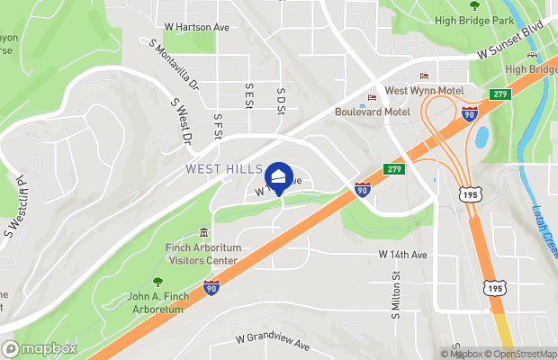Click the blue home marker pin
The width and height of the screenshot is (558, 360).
tap(279, 177)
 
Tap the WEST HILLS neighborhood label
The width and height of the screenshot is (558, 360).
tap(224, 168)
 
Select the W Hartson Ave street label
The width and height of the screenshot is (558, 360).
tap(197, 27)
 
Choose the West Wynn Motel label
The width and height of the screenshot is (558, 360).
tap(424, 90)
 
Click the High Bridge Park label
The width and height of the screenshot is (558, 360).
tap(473, 20)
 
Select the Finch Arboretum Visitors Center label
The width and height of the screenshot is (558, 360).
tap(202, 254)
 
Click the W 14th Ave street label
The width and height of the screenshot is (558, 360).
tap(400, 255)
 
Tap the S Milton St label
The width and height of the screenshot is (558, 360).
tap(394, 297)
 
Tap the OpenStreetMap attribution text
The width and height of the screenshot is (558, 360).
tap(523, 354)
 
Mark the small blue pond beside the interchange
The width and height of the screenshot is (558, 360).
tap(481, 137)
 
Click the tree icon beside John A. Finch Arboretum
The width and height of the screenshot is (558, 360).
tap(158, 283)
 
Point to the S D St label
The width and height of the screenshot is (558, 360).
tap(281, 98)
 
